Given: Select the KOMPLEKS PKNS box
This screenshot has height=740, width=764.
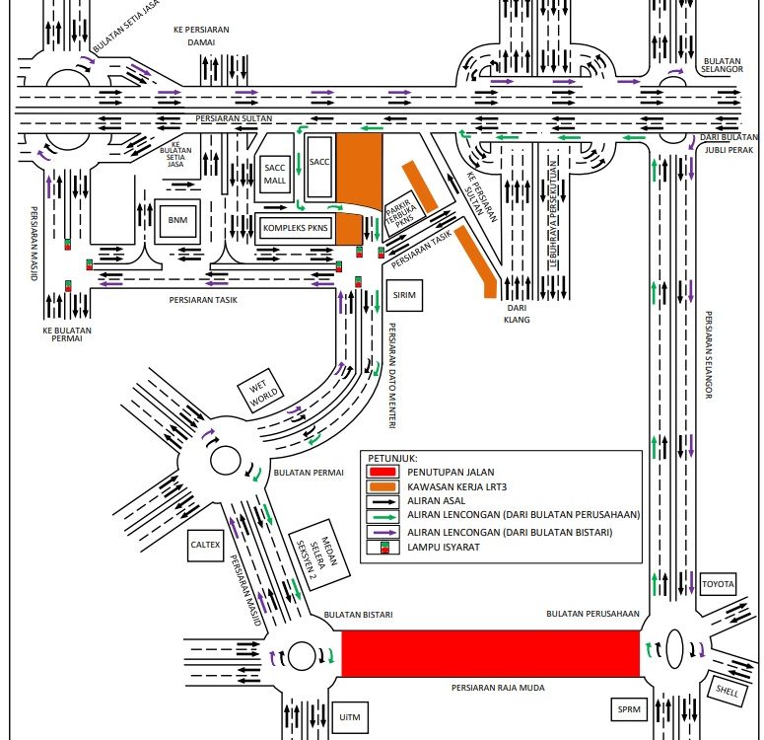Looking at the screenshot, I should coord(295,227).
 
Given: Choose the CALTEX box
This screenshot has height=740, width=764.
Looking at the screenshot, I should coord(207,544).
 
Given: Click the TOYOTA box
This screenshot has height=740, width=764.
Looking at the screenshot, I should coord(718,585).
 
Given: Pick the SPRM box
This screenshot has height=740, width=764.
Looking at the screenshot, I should coord(629,709).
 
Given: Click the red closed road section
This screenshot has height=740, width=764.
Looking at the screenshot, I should coord(491,653).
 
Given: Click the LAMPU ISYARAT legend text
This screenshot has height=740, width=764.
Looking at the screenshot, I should coord(436,547).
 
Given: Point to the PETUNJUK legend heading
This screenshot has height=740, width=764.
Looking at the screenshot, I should coord(392,458).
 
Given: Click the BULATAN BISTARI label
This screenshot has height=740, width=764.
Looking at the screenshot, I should coord(365,615).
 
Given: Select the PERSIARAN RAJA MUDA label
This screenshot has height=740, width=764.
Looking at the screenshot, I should coord(498,688).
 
